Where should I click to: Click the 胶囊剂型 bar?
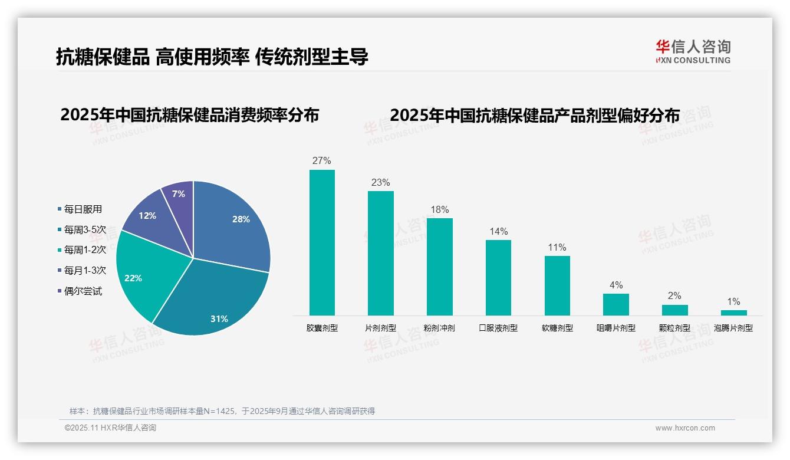pyautogui.click(x=322, y=242)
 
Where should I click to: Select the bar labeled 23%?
pyautogui.click(x=380, y=253)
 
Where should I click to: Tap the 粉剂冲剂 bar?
pyautogui.click(x=439, y=267)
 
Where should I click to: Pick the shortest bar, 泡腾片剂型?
pyautogui.click(x=733, y=313)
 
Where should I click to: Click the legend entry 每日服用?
pyautogui.click(x=83, y=209)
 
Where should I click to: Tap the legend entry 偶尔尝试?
pyautogui.click(x=83, y=291)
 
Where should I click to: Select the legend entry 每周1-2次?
pyautogui.click(x=85, y=250)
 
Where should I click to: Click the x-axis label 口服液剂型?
pyautogui.click(x=498, y=328)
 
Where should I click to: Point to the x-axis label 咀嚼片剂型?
pyautogui.click(x=616, y=328)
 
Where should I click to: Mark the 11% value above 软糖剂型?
pyautogui.click(x=557, y=247)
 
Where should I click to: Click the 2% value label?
pyautogui.click(x=674, y=295)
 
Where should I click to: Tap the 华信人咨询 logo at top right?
pyautogui.click(x=693, y=51)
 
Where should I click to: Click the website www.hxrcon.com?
pyautogui.click(x=685, y=428)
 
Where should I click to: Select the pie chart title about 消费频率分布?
pyautogui.click(x=189, y=114)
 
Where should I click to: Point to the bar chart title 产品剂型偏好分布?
pyautogui.click(x=535, y=115)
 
